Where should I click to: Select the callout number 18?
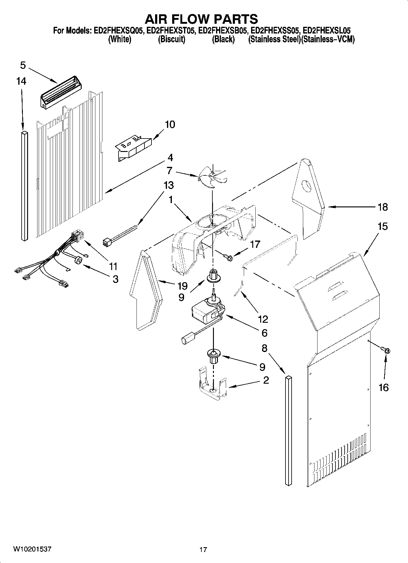(382, 207)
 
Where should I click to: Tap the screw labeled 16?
(386, 350)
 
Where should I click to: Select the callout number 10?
(170, 125)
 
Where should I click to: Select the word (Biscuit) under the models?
(172, 40)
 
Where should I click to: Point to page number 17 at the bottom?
(203, 550)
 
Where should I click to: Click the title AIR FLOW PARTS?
(201, 19)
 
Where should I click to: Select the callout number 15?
(382, 227)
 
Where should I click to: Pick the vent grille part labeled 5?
(62, 91)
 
